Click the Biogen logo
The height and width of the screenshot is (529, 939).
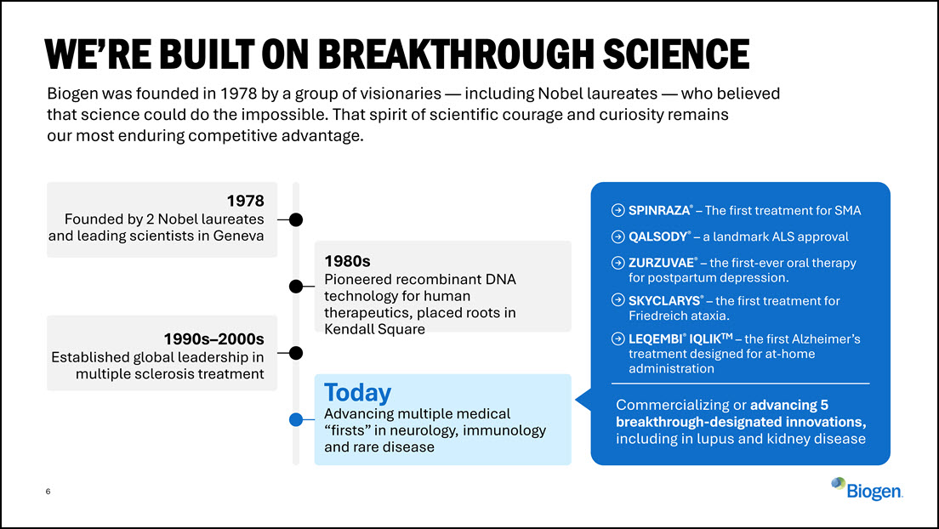(867, 489)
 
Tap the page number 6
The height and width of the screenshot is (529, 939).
(48, 492)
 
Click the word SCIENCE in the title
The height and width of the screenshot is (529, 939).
(676, 54)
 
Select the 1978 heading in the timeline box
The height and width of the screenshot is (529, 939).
(245, 201)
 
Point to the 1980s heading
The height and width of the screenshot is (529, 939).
(347, 261)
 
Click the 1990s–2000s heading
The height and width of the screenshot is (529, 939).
(213, 339)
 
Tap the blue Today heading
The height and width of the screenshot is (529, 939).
(357, 392)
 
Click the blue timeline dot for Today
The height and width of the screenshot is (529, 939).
(296, 419)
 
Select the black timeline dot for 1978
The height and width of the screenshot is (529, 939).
(296, 220)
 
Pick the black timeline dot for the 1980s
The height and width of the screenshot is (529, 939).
(296, 287)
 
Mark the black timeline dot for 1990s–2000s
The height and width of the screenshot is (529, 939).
(296, 353)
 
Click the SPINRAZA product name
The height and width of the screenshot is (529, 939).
(659, 210)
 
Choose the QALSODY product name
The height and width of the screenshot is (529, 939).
(658, 236)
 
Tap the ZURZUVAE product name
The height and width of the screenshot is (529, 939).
(662, 263)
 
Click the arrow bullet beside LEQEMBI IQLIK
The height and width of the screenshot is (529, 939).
(618, 339)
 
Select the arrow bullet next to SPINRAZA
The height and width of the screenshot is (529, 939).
(618, 210)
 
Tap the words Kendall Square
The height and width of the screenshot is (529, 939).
(375, 329)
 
